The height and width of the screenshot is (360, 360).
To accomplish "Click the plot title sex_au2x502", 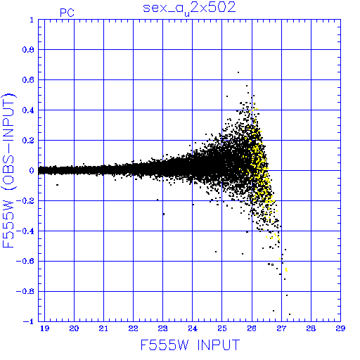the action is coord(189,9).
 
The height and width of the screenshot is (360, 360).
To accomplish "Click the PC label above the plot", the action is coord(67,13).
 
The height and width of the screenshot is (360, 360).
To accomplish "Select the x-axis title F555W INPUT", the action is coord(190,345).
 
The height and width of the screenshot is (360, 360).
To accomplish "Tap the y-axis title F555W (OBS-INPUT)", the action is coord(8,170).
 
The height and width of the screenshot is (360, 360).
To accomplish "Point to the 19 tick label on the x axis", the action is coord(44,328).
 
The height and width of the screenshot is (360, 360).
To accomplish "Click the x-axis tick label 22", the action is coord(133,328).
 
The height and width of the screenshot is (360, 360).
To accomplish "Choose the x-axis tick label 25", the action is coord(222,328).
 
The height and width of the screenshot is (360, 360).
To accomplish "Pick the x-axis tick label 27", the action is coord(281,328).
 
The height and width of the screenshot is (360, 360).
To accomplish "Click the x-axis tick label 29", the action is coord(340,328).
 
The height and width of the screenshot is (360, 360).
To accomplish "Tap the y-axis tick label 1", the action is coord(32,20).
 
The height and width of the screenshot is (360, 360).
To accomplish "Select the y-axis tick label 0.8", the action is coord(28,50).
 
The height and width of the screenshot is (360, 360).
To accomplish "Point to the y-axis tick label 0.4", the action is coord(28,110).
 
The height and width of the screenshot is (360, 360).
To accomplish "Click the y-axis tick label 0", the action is coord(32,170).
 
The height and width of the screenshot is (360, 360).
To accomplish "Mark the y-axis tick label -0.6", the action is coord(25,261).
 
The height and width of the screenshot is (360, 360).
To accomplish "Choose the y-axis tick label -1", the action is coord(29,321).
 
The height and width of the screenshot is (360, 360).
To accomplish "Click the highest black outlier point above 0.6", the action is coord(238,72).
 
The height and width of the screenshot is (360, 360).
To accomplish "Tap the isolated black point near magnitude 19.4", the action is coord(57,185).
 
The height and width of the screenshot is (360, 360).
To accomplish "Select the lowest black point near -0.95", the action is coord(290,314).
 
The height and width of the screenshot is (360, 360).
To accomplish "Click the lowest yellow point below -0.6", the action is coord(286,270).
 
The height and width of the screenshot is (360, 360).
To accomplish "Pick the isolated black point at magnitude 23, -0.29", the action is coord(164,214).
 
